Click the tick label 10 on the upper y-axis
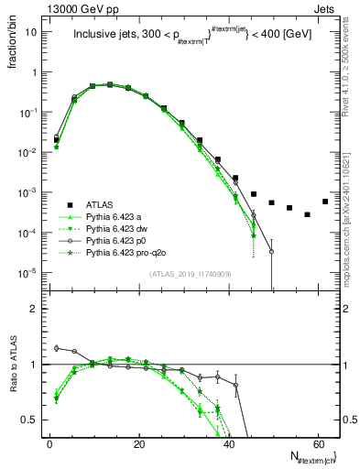[x=31, y=31]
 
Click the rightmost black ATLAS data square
[x=325, y=202]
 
